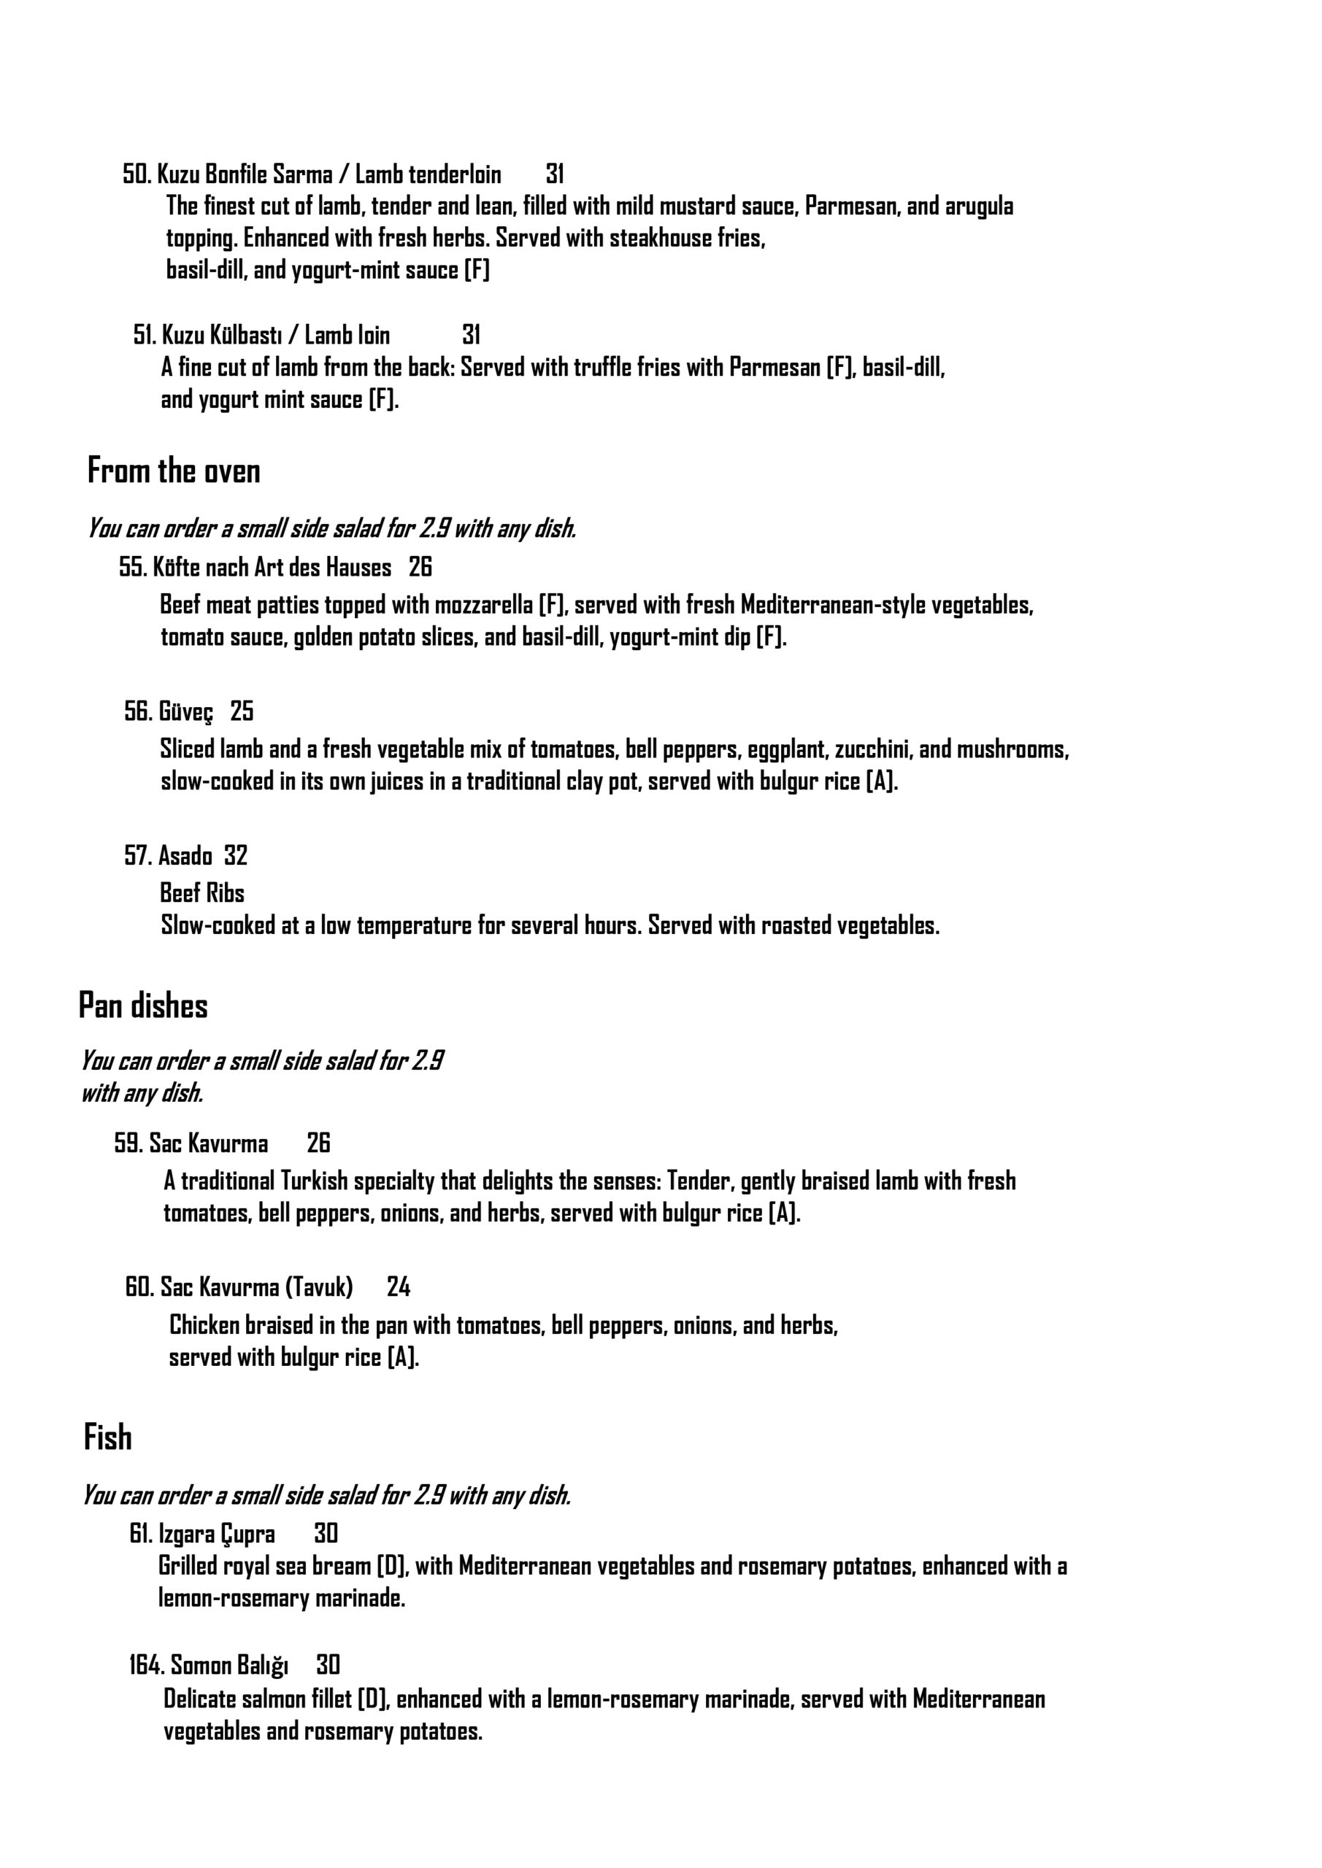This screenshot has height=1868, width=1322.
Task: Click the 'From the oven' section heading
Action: [174, 471]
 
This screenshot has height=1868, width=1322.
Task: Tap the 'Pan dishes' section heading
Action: [143, 1006]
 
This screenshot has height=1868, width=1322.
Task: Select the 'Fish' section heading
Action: [107, 1437]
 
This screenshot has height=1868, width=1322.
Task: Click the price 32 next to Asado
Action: [236, 855]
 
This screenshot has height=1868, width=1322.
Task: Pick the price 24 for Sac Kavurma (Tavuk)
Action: [399, 1286]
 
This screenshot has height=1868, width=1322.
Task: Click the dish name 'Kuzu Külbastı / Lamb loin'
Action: [276, 334]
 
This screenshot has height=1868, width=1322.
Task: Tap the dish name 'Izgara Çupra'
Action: [217, 1534]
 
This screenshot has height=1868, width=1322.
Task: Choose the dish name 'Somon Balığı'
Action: [229, 1665]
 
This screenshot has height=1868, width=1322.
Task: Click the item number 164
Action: [147, 1665]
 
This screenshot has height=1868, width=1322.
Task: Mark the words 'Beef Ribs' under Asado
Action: [202, 893]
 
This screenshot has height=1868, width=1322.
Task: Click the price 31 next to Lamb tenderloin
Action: [556, 174]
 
